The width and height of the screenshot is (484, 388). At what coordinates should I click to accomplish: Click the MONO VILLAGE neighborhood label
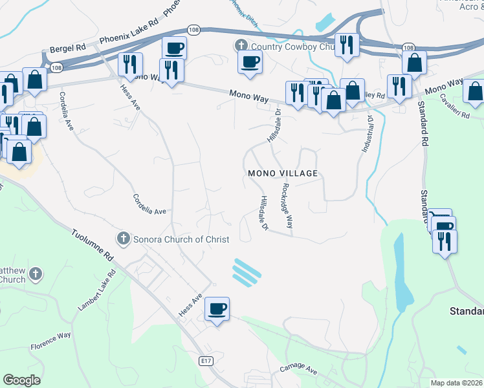pos(283,173)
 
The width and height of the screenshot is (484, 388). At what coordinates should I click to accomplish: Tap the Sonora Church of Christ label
pos(181,239)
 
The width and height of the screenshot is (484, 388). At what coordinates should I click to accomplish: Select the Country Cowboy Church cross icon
pos(241,46)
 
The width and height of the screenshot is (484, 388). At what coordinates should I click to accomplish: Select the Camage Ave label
pos(298,370)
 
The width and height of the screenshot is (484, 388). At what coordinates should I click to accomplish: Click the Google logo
pos(21,380)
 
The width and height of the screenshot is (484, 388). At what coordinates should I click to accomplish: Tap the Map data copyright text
pos(457,383)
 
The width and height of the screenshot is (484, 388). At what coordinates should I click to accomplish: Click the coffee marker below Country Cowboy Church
pos(250,61)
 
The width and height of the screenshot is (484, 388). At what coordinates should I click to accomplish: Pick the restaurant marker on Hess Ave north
pos(131,64)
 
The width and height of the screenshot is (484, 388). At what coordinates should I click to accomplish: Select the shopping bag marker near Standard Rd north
pos(414,63)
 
